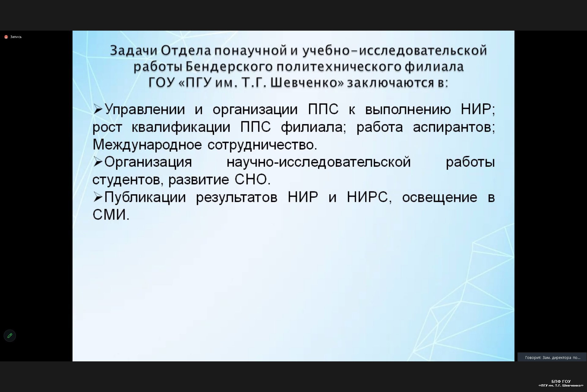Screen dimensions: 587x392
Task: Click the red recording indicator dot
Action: click(6, 37)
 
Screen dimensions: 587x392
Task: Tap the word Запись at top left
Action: click(16, 37)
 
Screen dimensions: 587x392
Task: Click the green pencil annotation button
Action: click(10, 336)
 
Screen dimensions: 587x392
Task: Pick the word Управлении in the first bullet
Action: click(145, 110)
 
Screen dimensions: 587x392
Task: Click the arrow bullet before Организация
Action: click(98, 162)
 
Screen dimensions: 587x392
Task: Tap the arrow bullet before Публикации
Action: click(98, 198)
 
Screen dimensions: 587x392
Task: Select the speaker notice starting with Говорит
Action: click(552, 357)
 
